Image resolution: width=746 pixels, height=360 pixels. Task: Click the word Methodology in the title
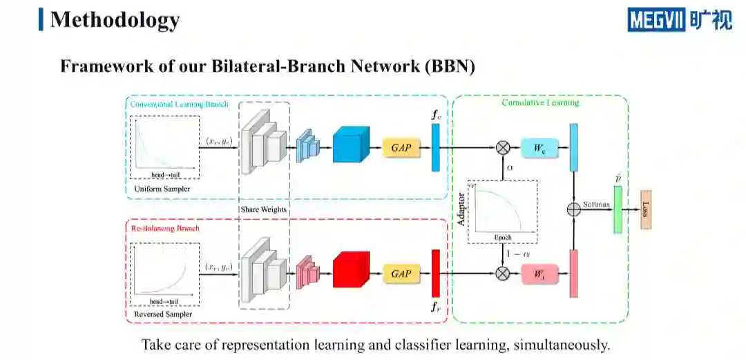tap(115, 19)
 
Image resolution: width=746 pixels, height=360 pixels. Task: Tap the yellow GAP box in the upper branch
tap(401, 148)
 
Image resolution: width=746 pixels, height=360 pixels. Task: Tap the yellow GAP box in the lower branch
tap(401, 274)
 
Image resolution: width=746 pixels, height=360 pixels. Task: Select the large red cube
tap(352, 270)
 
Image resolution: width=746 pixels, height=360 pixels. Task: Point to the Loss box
tap(646, 209)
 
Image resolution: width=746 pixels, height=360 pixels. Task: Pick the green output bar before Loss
tap(618, 209)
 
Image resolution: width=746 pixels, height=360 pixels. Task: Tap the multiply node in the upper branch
tap(503, 148)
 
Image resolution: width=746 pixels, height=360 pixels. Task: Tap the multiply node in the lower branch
tap(503, 274)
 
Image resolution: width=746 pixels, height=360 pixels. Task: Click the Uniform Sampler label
tap(162, 189)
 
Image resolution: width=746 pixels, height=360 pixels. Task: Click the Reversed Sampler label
tap(163, 314)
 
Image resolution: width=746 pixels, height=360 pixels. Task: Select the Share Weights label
tap(263, 209)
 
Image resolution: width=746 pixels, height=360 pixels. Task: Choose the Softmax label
tap(595, 205)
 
